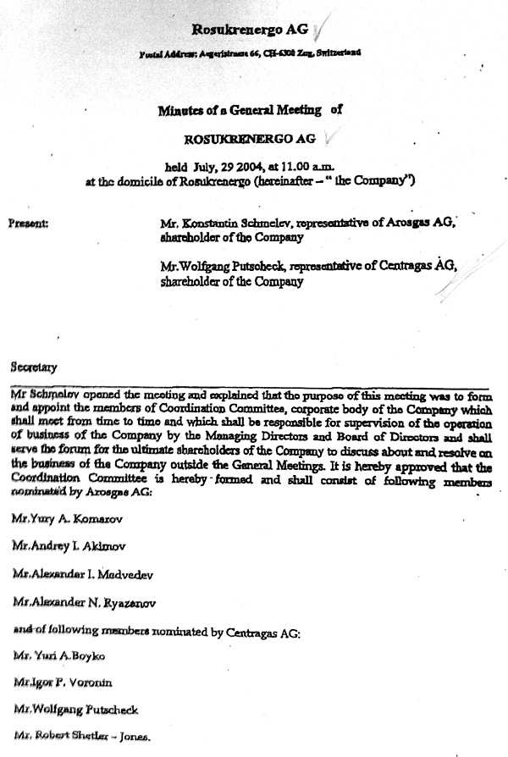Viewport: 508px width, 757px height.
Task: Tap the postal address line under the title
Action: click(250, 52)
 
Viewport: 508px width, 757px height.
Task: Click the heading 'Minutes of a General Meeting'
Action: click(240, 109)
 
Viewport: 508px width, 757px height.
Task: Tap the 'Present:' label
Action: click(28, 224)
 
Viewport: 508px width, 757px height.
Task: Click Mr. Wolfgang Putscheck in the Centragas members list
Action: click(75, 710)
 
